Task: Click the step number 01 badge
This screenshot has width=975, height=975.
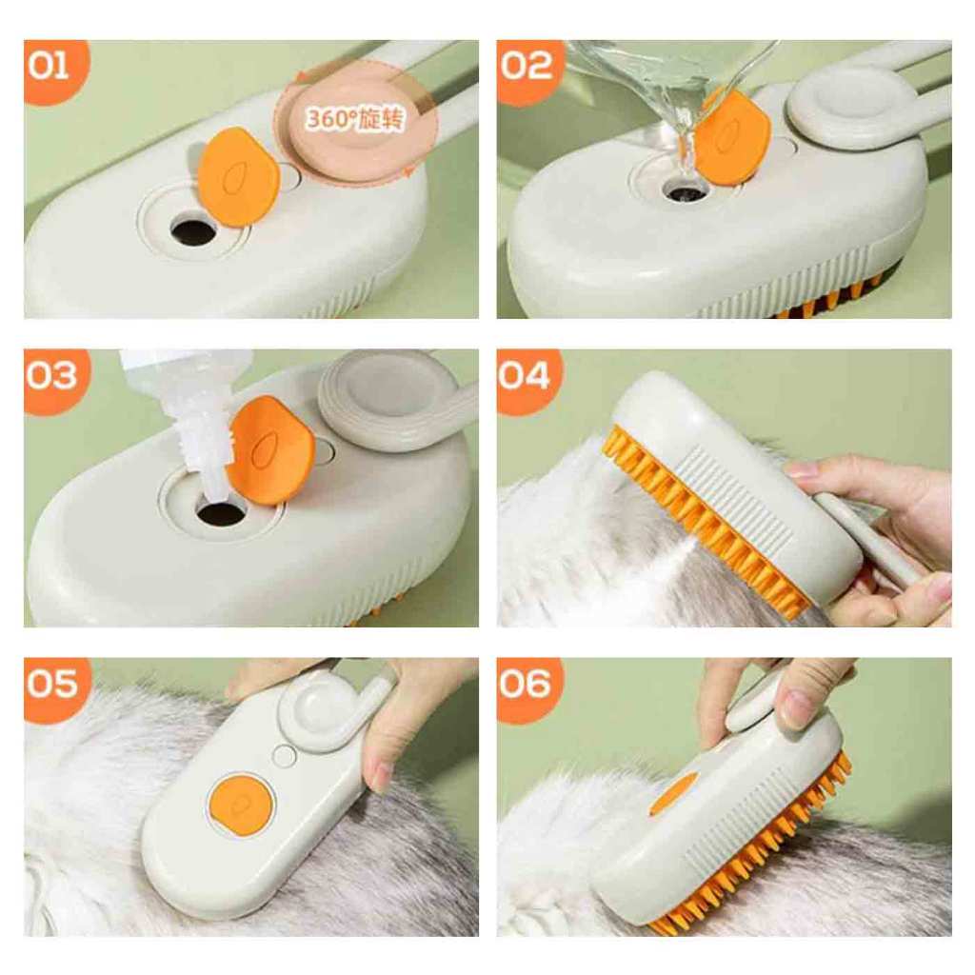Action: tap(53, 69)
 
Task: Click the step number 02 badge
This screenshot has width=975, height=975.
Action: tap(527, 70)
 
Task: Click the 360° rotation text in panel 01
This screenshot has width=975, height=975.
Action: tap(355, 118)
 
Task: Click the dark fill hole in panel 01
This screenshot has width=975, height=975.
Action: tap(193, 229)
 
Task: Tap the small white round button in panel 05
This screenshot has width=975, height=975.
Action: tap(285, 756)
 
